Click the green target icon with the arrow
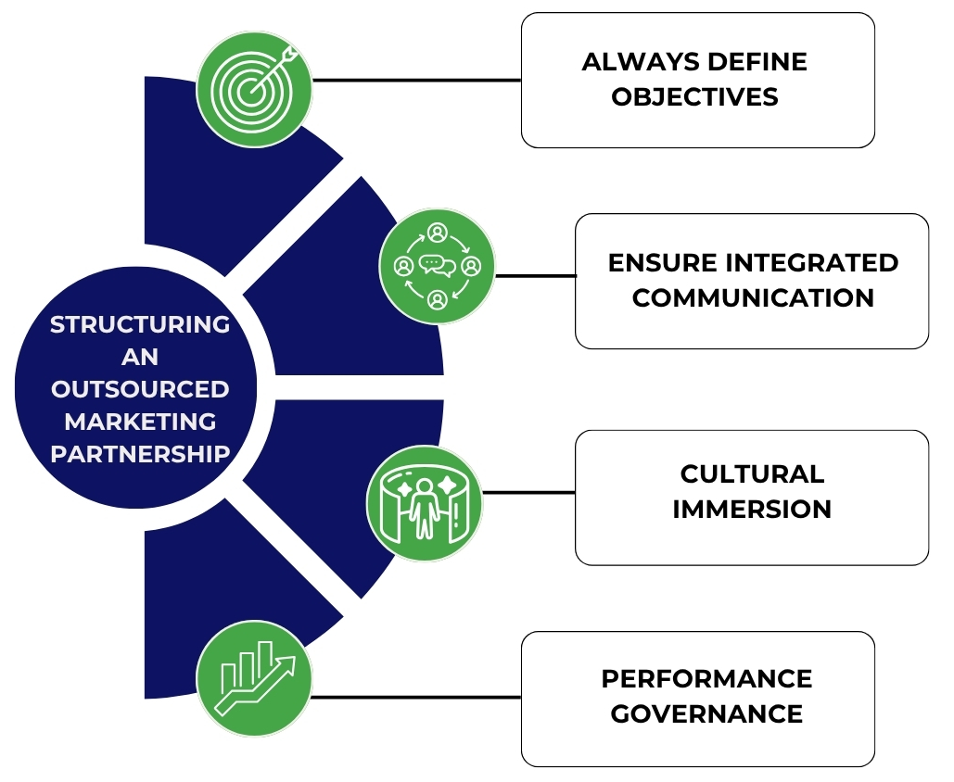[x=254, y=90]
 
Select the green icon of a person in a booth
[x=424, y=503]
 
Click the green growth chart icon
[x=254, y=678]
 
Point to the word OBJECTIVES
[x=695, y=97]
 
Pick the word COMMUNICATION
[x=753, y=298]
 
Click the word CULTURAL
[x=752, y=474]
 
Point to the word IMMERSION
[x=752, y=510]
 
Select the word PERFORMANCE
[x=706, y=679]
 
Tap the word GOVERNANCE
[x=706, y=714]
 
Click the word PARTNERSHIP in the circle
[x=140, y=454]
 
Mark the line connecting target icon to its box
[x=417, y=81]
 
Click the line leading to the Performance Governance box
[x=417, y=697]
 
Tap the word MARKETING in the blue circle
[x=140, y=422]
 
